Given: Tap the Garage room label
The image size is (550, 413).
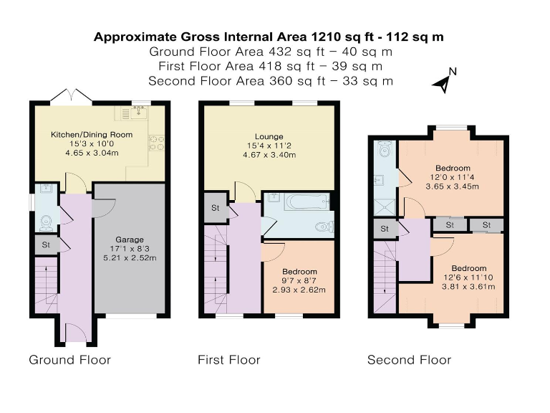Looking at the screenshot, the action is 130,239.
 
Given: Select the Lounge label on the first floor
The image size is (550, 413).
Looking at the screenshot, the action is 269,137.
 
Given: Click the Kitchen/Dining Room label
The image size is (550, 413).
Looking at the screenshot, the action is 92,135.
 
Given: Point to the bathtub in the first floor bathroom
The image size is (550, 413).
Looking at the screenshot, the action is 307,201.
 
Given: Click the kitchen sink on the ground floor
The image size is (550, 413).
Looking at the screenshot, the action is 140,113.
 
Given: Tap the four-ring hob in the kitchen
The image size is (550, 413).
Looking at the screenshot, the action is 156,143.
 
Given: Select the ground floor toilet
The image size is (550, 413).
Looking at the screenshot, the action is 47,223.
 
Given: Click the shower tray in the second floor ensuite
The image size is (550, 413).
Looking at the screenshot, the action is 385,207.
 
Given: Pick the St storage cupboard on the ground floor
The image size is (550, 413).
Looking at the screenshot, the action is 46,245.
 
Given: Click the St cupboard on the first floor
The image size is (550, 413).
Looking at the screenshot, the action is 216,208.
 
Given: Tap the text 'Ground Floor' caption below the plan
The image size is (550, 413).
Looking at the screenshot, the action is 69,360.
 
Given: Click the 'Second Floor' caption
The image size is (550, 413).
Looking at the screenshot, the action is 409,360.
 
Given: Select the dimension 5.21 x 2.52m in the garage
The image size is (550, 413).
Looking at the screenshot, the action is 130,258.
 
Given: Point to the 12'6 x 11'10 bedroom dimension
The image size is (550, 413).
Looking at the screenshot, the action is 468,277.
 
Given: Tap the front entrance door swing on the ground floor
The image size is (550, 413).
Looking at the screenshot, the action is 76,332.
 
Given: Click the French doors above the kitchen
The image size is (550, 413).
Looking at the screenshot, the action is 71,96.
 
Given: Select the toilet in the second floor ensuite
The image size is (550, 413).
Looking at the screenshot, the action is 385,150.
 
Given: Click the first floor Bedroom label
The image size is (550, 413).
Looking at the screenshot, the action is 299,272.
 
